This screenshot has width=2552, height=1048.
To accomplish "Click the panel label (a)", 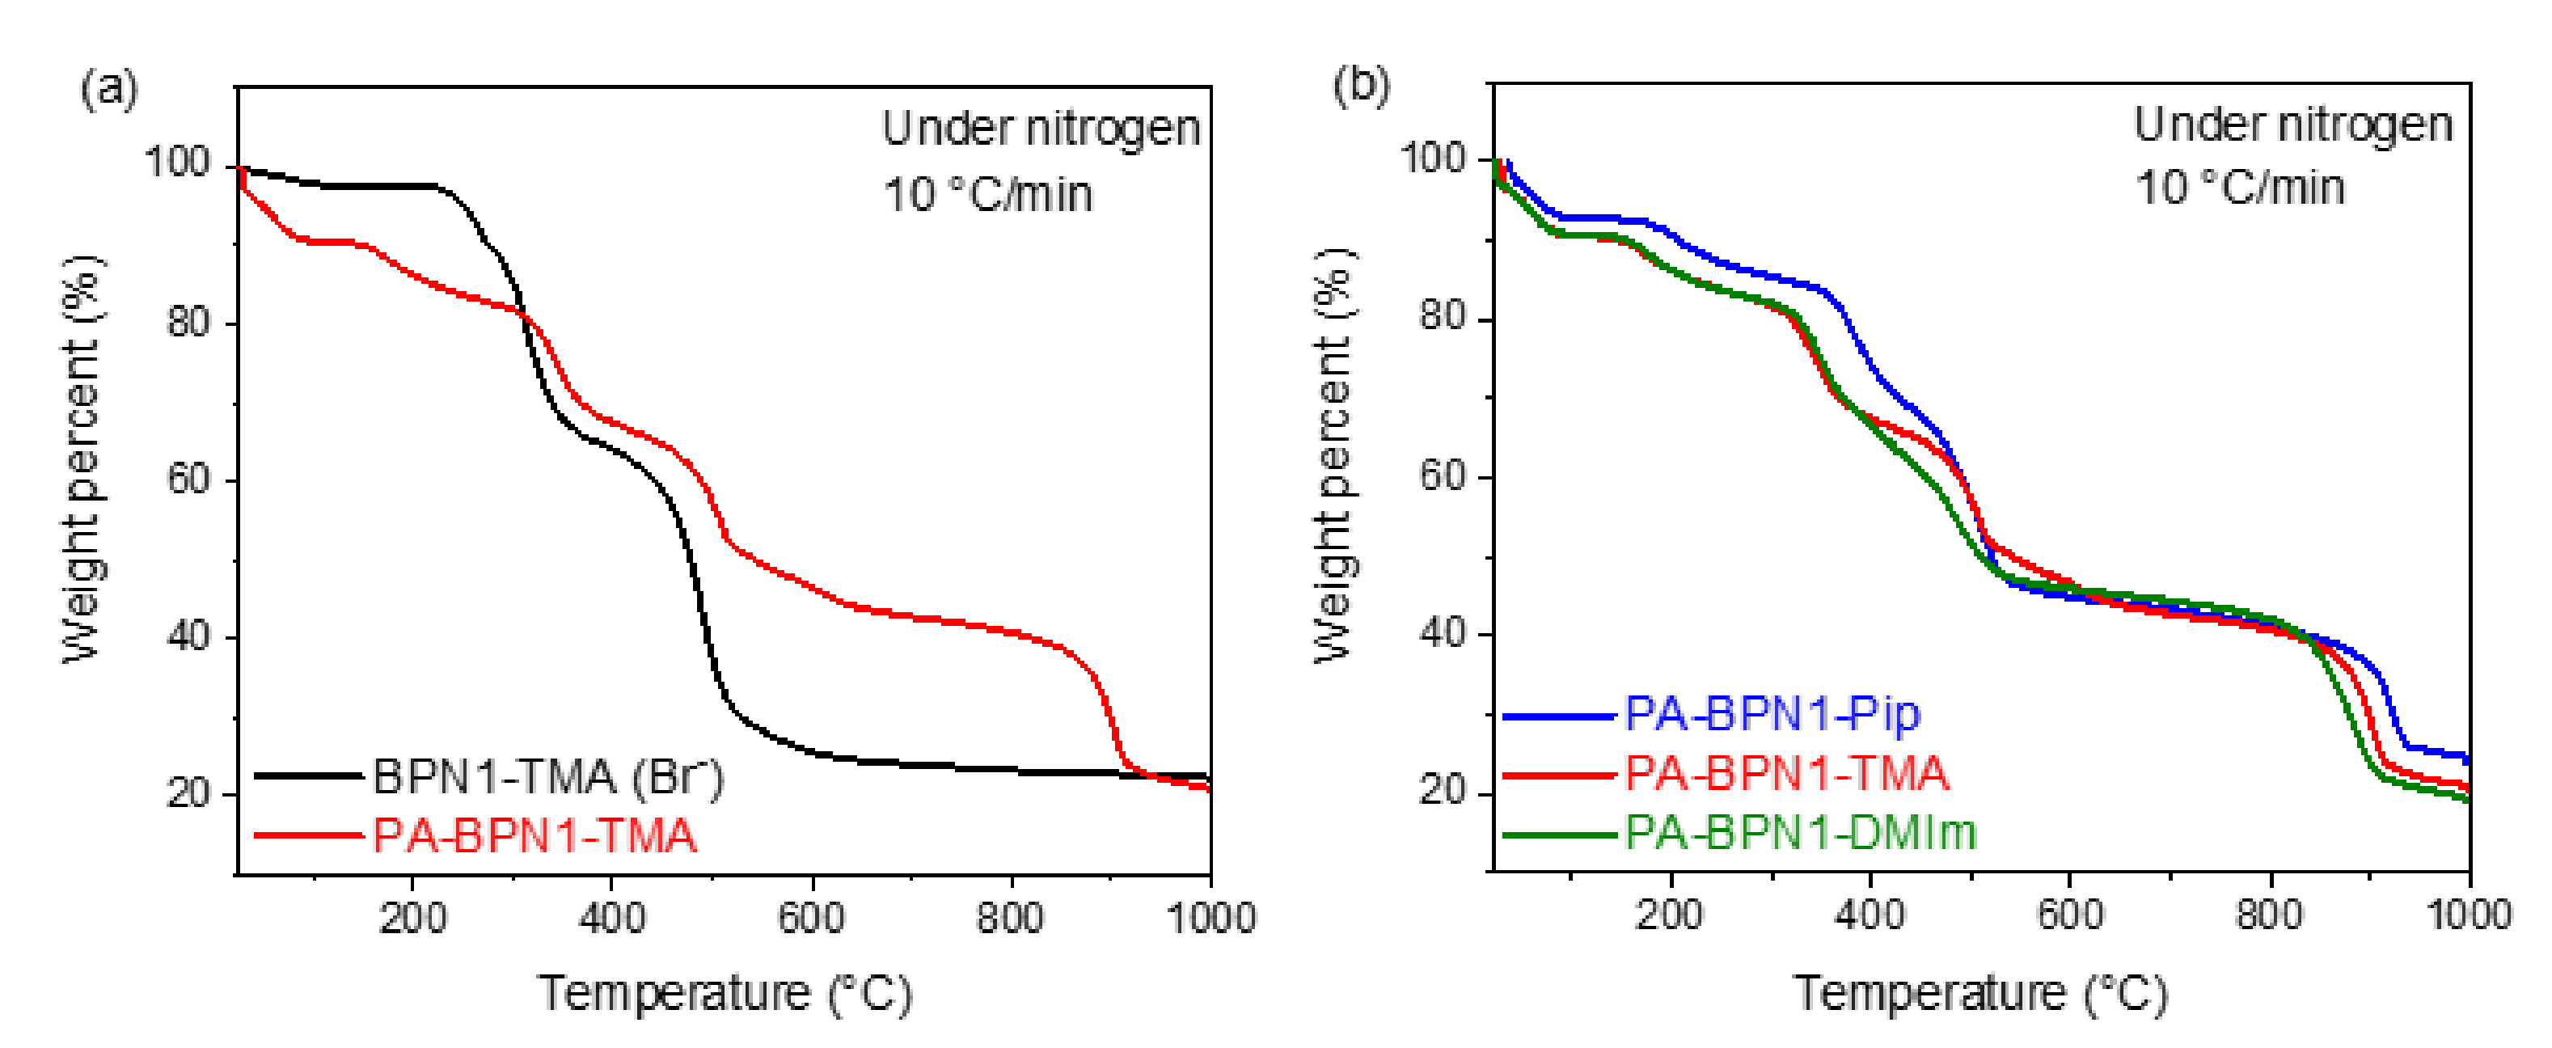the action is point(109,89).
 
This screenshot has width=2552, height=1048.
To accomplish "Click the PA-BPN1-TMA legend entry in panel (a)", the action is point(476,836).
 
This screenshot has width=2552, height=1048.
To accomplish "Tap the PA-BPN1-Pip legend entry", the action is point(1712,714).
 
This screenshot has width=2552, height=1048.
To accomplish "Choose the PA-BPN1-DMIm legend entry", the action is point(1739,832).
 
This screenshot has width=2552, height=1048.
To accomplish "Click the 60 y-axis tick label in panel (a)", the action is point(189,480).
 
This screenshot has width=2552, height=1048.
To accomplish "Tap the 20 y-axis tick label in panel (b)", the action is point(1443,792).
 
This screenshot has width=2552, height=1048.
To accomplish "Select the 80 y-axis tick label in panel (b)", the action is point(1443,317).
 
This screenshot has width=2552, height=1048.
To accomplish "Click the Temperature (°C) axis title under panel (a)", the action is point(725,994).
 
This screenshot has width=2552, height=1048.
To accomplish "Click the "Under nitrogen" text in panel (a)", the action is point(1042,129).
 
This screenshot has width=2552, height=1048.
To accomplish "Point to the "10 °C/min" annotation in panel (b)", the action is point(2240,188).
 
